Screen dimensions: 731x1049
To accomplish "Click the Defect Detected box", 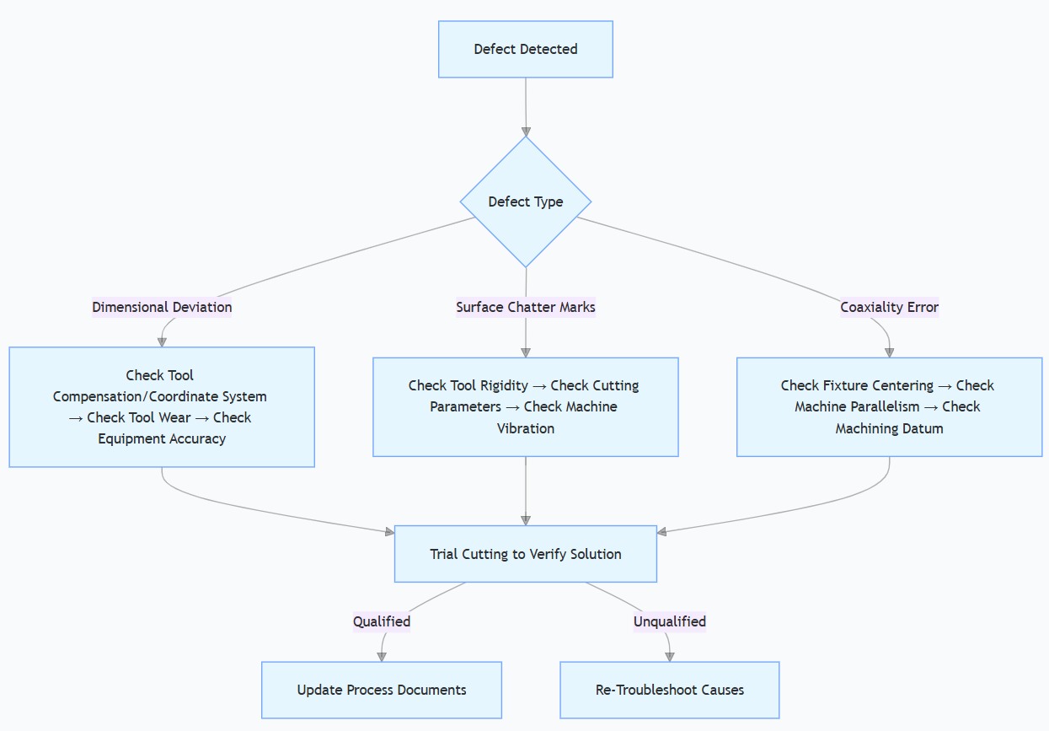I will click(525, 50).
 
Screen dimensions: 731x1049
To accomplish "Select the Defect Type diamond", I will click(526, 202).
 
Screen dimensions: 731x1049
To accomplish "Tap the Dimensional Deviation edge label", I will click(162, 307).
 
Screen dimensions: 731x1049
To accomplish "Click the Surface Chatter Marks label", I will click(526, 307).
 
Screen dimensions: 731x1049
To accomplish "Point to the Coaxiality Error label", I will click(889, 307).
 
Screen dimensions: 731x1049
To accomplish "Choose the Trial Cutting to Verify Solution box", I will click(525, 554).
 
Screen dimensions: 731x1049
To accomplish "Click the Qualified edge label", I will click(382, 621).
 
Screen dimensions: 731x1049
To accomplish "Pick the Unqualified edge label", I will click(670, 621).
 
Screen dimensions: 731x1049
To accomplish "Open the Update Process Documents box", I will click(382, 690).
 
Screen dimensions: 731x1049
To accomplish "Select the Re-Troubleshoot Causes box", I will click(670, 690).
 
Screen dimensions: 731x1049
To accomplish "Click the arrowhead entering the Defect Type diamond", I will click(526, 132).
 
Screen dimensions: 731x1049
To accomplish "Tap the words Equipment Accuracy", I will click(162, 438).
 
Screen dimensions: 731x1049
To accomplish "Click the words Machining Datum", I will click(889, 428).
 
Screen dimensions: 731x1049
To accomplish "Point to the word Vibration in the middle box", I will click(526, 428).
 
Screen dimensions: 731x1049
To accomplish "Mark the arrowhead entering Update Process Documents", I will click(382, 656).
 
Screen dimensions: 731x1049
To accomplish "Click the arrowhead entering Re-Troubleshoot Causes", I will click(670, 656).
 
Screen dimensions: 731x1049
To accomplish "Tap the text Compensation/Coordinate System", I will click(160, 396).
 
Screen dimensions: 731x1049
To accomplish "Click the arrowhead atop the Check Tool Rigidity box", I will click(526, 352).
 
